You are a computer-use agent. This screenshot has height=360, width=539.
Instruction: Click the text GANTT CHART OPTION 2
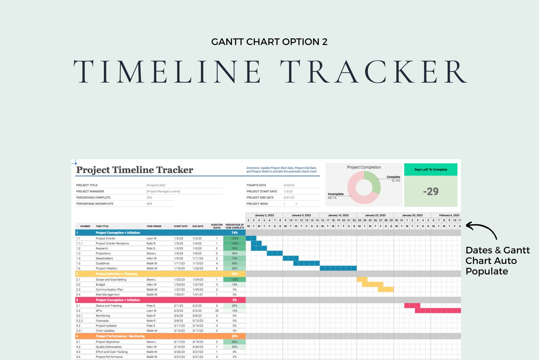tap(269, 42)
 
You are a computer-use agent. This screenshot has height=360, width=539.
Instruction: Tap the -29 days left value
tap(430, 191)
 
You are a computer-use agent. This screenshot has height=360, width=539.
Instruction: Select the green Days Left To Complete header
tap(430, 169)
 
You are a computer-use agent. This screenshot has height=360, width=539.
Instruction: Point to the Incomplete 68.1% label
tap(335, 195)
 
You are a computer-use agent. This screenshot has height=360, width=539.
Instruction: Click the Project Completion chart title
tap(364, 167)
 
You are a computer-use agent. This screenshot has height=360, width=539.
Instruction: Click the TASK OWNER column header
tap(154, 226)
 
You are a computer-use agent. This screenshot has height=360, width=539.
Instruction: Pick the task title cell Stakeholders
tap(104, 259)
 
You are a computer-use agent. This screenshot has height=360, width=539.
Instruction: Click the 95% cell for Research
tap(234, 248)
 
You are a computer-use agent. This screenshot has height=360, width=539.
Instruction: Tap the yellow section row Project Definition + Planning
tap(116, 274)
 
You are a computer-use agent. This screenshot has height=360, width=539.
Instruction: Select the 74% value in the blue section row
tap(234, 233)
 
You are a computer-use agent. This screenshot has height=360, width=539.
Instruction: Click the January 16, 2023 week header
tap(338, 215)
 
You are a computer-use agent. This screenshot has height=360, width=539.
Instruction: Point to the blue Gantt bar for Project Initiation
tap(338, 268)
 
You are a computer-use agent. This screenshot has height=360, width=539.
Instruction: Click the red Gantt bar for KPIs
tap(438, 310)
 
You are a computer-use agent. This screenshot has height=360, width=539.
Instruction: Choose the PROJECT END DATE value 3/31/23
tap(289, 197)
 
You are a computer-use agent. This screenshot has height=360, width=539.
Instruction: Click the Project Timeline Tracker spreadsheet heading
tap(134, 170)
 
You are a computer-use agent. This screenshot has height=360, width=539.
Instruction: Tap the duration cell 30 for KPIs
tap(217, 311)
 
